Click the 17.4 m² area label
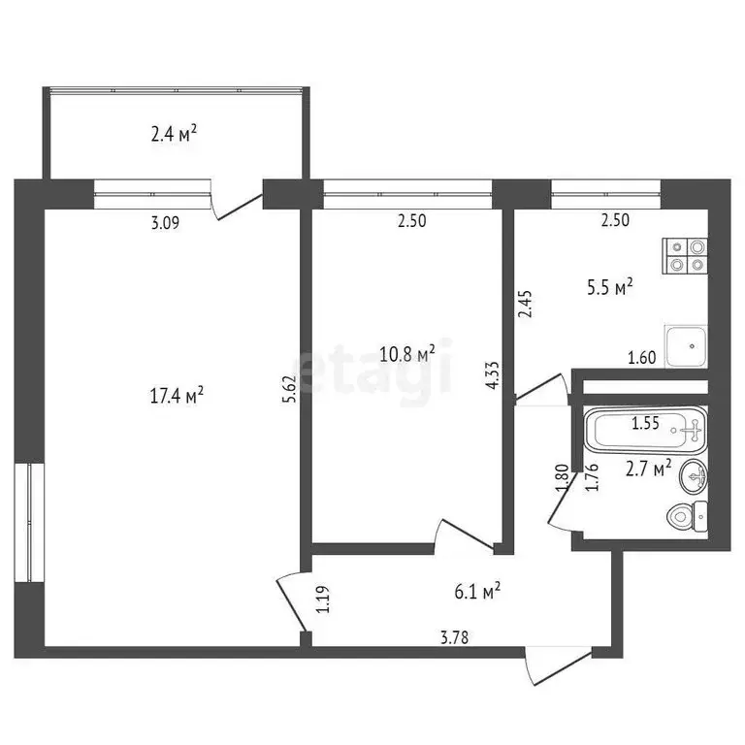click(177, 396)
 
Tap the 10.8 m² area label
click(407, 354)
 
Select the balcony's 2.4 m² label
click(174, 134)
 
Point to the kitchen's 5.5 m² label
click(610, 287)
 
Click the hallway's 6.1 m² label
click(477, 592)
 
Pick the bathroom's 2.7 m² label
click(649, 469)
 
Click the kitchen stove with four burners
click(685, 256)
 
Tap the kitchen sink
click(687, 346)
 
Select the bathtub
click(646, 430)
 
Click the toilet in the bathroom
click(687, 516)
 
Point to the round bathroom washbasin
click(695, 477)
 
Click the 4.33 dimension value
click(492, 375)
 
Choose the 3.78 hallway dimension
click(455, 637)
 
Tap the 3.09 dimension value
click(165, 222)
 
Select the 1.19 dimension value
click(323, 599)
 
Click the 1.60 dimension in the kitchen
click(642, 357)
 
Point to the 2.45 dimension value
click(526, 304)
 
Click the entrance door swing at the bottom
click(559, 665)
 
